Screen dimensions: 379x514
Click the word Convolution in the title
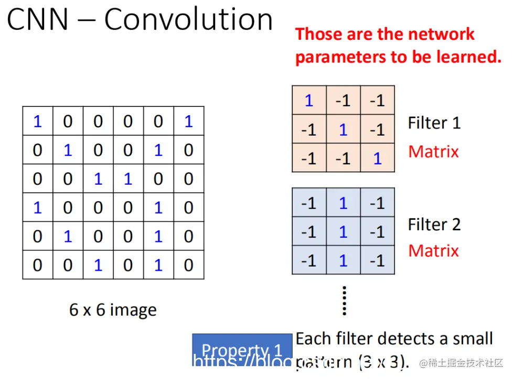click(188, 20)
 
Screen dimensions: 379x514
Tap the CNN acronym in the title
click(38, 20)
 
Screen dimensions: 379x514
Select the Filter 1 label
click(434, 123)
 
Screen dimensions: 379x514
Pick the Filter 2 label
click(434, 225)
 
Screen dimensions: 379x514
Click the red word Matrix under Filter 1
click(433, 152)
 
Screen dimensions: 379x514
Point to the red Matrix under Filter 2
click(433, 251)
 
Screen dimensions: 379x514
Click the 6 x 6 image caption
click(113, 310)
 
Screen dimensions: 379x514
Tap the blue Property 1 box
click(242, 350)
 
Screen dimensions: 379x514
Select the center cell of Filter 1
click(343, 129)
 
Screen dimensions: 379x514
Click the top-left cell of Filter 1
click(309, 101)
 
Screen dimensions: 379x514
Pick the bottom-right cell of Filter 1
click(377, 158)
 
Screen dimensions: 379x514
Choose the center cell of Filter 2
click(343, 231)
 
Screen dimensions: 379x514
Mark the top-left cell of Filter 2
click(309, 203)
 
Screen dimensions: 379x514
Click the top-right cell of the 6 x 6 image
click(188, 121)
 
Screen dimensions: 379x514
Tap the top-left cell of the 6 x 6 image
click(37, 121)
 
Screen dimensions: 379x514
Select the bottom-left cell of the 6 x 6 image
click(37, 265)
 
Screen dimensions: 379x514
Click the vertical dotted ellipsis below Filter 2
click(344, 300)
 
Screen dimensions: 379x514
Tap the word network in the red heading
click(442, 35)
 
